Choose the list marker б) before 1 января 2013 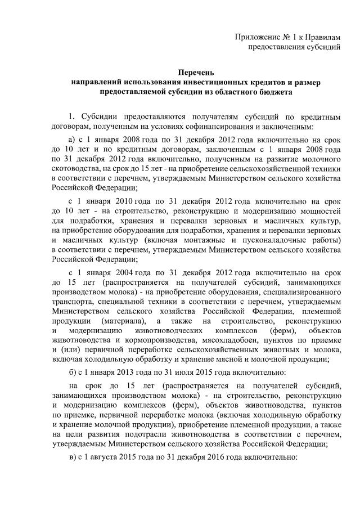click(x=72, y=373)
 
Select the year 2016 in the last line click(x=222, y=458)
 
